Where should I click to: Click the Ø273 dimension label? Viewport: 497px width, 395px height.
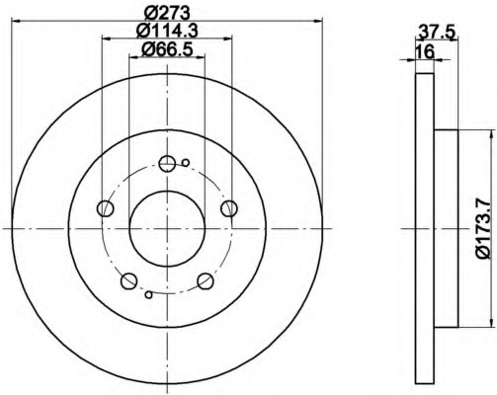(x=167, y=14)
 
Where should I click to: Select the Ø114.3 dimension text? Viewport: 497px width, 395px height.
(x=167, y=32)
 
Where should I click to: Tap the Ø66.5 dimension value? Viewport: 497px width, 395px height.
(x=167, y=49)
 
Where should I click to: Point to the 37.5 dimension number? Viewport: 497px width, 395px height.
(x=437, y=33)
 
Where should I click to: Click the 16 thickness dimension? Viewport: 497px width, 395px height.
(x=425, y=51)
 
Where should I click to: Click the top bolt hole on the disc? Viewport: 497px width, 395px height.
(x=167, y=164)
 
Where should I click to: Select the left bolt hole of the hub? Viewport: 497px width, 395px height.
(x=106, y=208)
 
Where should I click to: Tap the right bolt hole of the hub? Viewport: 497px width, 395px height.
(x=229, y=208)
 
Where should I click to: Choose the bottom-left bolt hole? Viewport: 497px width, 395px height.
(x=128, y=281)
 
